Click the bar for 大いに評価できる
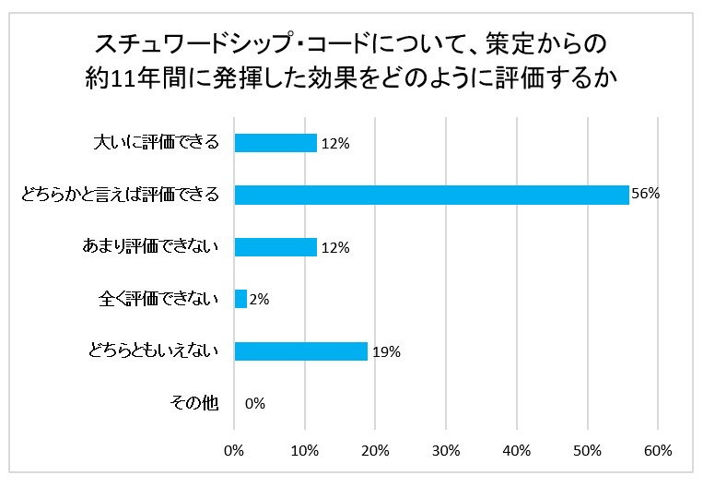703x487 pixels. (275, 143)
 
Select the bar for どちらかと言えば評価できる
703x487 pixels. (431, 195)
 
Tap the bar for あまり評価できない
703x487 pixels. (275, 247)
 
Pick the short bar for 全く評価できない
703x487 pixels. (241, 299)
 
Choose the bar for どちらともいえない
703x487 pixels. (300, 351)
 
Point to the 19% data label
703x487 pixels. (386, 351)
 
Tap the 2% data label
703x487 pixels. (261, 299)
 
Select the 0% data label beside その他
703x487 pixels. (255, 403)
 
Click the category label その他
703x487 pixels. (195, 403)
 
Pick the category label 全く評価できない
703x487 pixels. (158, 299)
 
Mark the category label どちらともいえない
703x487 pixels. (154, 351)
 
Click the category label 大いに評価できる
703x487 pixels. (158, 143)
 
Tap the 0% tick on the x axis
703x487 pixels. (235, 451)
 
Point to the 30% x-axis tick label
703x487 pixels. (446, 451)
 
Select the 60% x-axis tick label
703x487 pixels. (658, 451)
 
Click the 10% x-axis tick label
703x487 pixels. (305, 451)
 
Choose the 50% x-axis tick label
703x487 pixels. (587, 451)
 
